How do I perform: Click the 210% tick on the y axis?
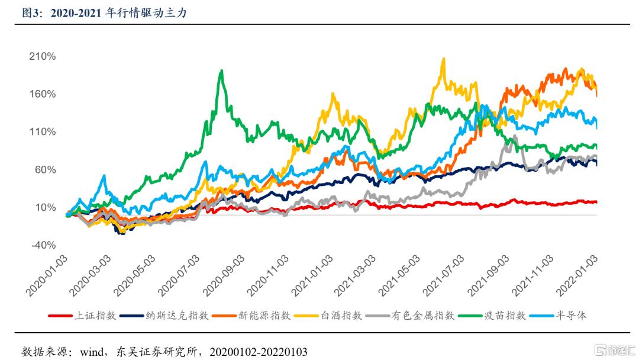click(43, 57)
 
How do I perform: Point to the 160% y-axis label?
click(43, 94)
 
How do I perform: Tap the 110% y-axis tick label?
click(43, 132)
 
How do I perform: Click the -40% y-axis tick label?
click(43, 245)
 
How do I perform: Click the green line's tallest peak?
click(221, 70)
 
